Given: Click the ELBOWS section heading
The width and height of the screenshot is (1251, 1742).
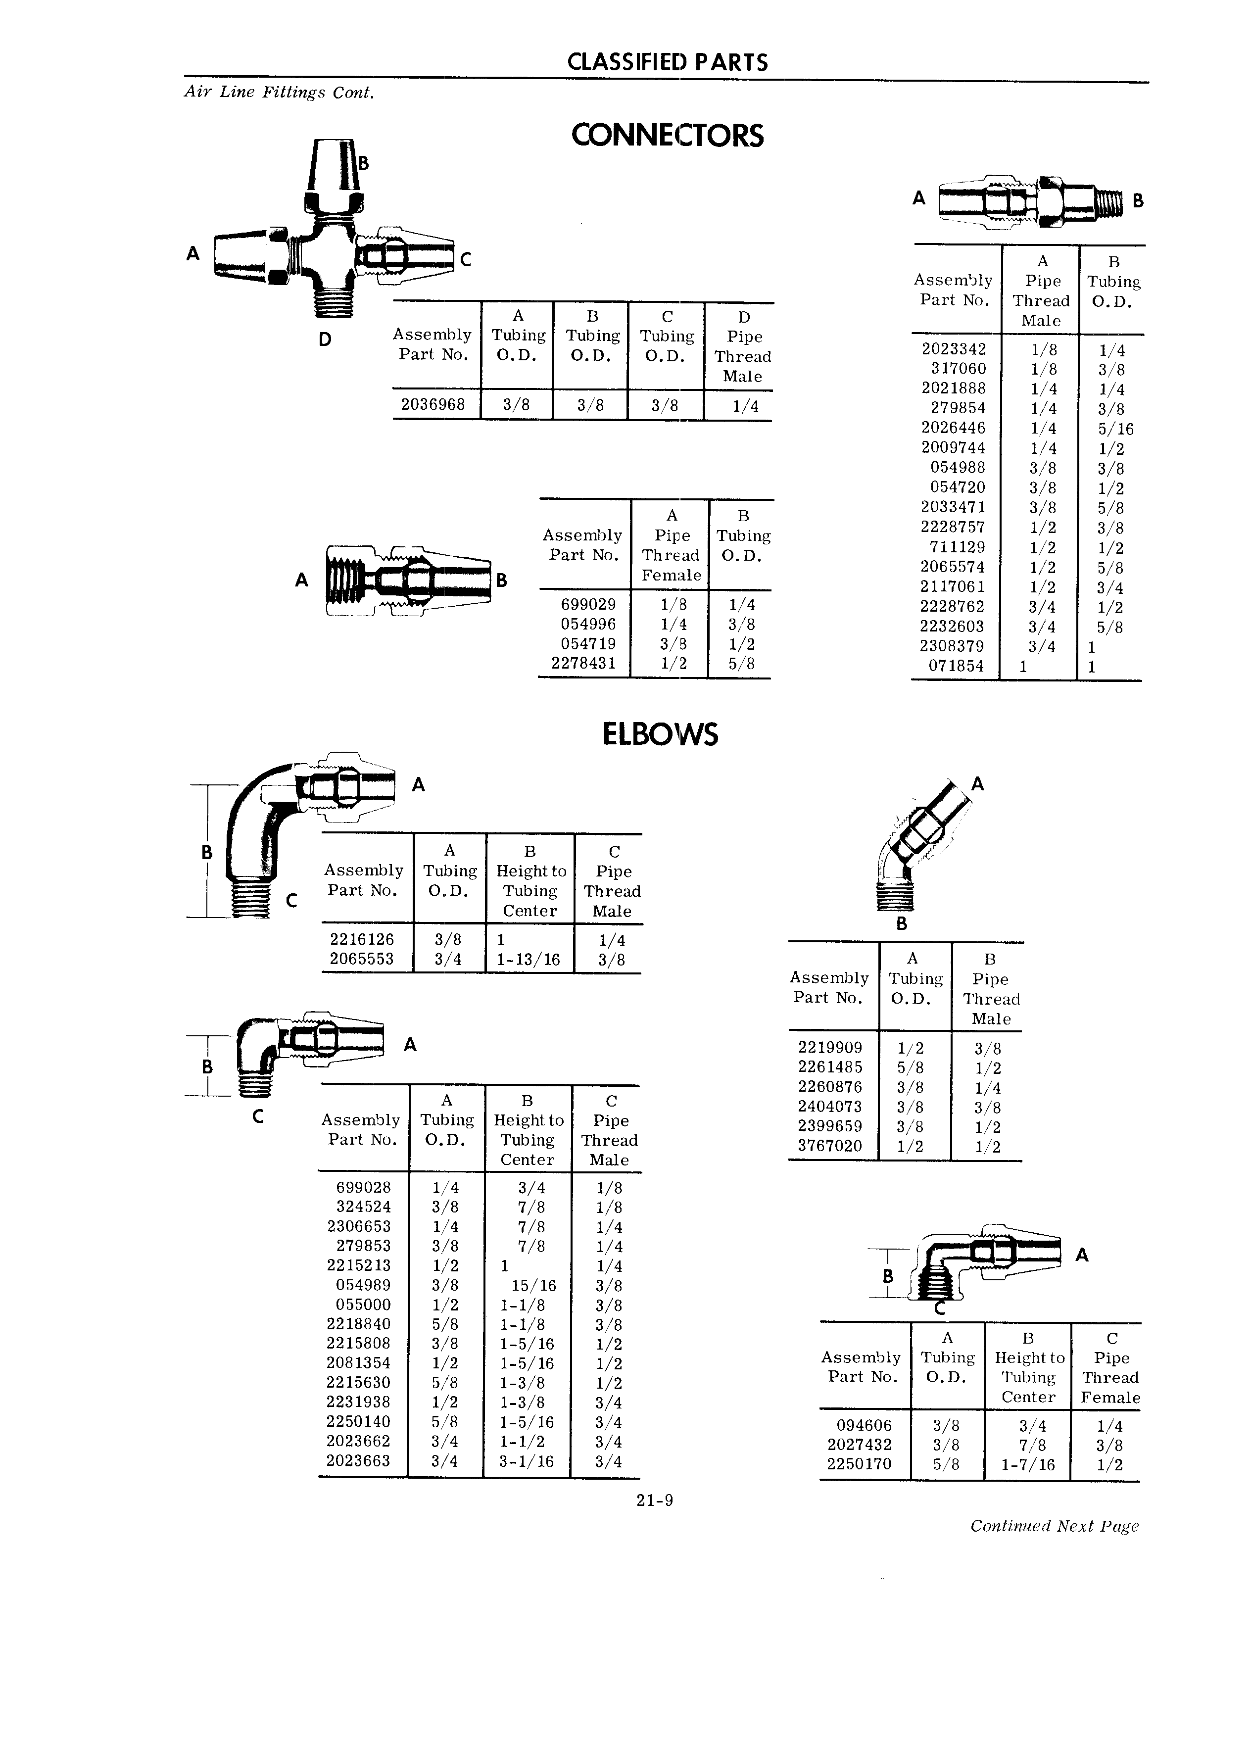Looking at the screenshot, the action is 661,734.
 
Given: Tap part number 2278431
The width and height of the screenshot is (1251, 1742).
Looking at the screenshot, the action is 583,663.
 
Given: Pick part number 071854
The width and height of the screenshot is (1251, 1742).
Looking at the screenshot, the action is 956,666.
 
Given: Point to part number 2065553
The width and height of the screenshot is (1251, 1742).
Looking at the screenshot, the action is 362,959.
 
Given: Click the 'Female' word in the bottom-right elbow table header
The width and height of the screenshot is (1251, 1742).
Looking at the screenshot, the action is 1110,1398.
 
